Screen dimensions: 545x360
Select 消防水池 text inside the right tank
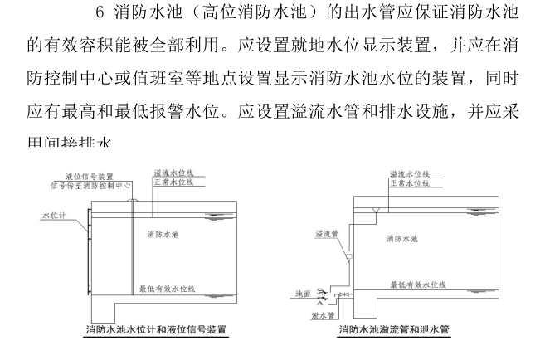pos(401,239)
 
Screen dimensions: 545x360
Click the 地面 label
pos(303,294)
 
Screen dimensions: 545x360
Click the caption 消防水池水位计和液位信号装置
pos(157,330)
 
